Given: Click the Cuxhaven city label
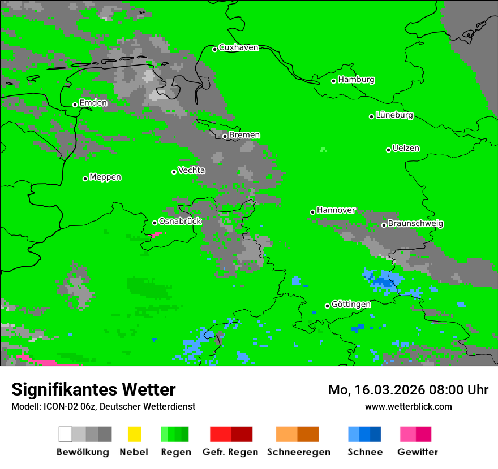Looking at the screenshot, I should (x=238, y=47).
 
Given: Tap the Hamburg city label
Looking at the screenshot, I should (x=356, y=80).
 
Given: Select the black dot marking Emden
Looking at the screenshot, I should (x=75, y=105).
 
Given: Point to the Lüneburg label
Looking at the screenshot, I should (x=394, y=115).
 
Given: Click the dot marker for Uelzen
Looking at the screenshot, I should (x=388, y=150).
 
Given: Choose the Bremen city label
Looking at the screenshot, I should (x=244, y=135).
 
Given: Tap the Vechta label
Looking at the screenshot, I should (x=192, y=170).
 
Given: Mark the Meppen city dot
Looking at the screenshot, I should (x=85, y=179).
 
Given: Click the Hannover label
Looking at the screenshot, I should (x=336, y=210).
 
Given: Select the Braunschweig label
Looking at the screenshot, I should (x=415, y=224).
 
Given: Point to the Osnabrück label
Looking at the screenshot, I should (x=180, y=222).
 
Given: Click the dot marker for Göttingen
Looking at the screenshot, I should (x=327, y=306).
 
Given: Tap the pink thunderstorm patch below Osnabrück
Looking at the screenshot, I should (x=153, y=233).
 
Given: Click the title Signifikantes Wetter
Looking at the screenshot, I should (x=93, y=389).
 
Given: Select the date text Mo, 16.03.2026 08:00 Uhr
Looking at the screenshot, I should (x=408, y=390).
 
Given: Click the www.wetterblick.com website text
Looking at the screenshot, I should (x=408, y=406).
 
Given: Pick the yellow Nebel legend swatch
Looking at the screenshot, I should (x=134, y=434).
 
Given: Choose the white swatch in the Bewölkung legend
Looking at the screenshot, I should (x=66, y=434).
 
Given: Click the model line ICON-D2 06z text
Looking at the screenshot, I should (x=103, y=406).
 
